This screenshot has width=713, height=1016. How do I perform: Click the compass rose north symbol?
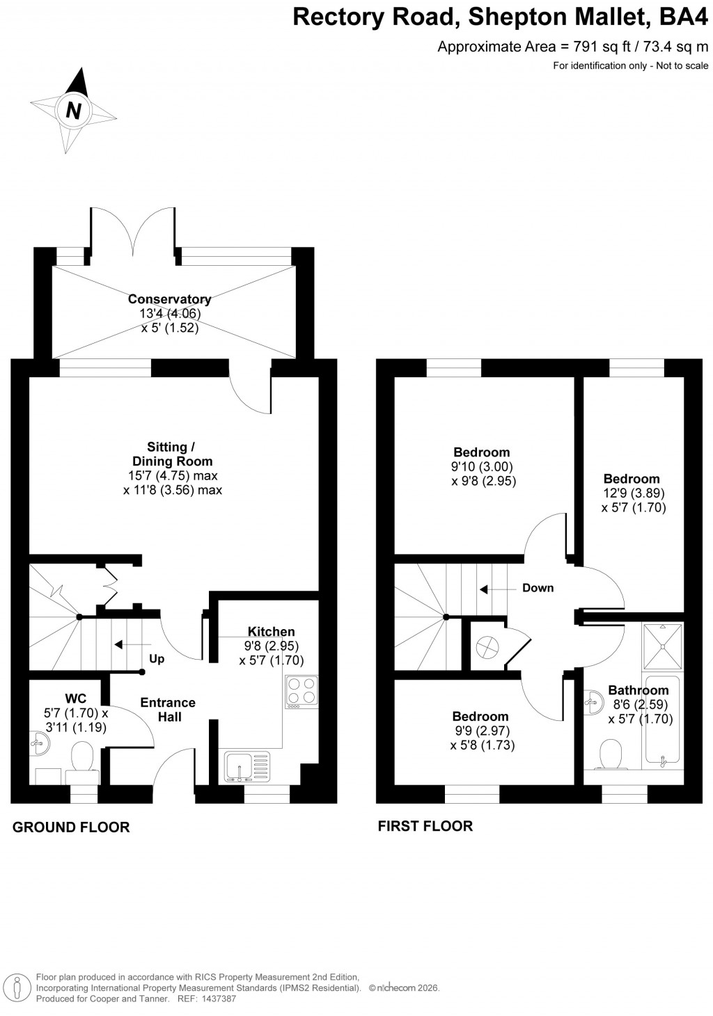pyautogui.click(x=73, y=110)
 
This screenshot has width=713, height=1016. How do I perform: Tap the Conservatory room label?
pyautogui.click(x=169, y=299)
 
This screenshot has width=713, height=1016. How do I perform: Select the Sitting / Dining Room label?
pyautogui.click(x=172, y=454)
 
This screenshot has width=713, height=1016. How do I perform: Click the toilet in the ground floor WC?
pyautogui.click(x=82, y=757)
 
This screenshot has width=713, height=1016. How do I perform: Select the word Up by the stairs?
pyautogui.click(x=157, y=658)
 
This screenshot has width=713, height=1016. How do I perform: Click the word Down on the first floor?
pyautogui.click(x=538, y=588)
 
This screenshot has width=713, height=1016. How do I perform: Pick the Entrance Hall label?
pyautogui.click(x=168, y=709)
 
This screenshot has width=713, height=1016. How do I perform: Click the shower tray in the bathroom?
pyautogui.click(x=663, y=643)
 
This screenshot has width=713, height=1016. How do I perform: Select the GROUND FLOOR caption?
pyautogui.click(x=71, y=827)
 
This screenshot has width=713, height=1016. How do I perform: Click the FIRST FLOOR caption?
pyautogui.click(x=425, y=826)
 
